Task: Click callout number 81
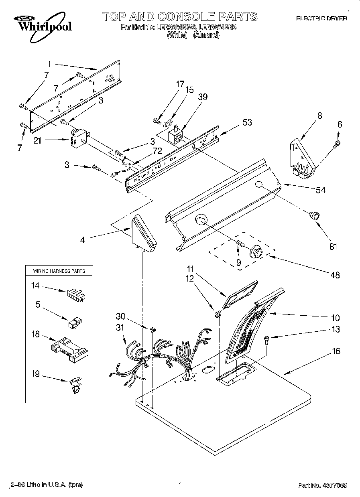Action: click(333, 247)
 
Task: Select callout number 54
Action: click(321, 190)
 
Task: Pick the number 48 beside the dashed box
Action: click(335, 275)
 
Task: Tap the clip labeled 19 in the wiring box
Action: click(75, 385)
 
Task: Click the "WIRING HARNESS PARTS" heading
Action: click(59, 271)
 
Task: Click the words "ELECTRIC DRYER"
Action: click(321, 18)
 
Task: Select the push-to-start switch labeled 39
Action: click(176, 135)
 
